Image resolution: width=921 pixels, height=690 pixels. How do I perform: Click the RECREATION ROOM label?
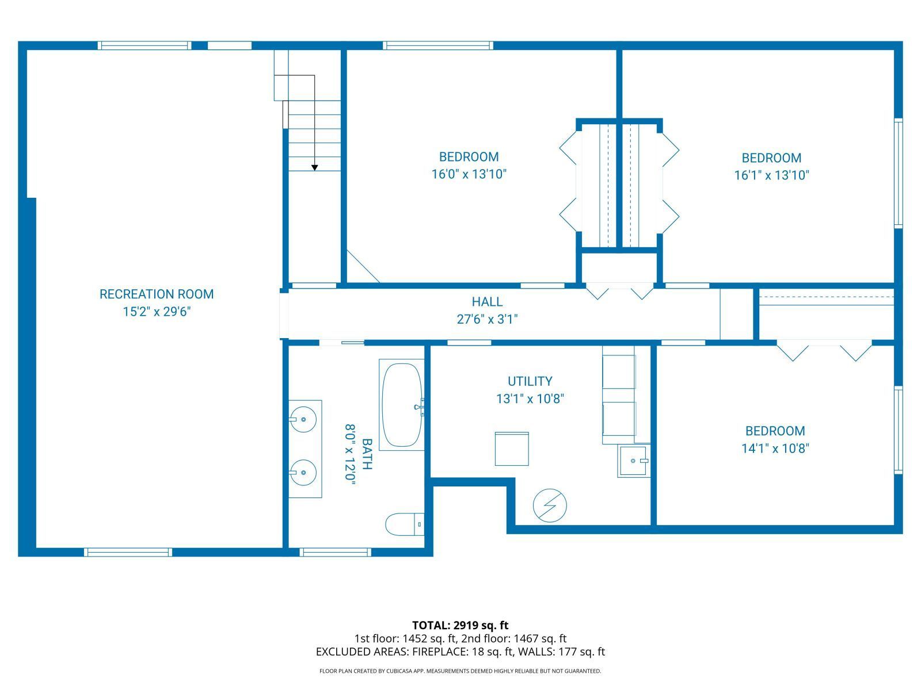157,294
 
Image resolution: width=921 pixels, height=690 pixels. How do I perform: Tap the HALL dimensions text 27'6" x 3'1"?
487,319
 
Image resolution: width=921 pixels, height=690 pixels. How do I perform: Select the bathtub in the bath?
401,405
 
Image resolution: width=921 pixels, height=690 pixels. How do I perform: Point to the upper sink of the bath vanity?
303,419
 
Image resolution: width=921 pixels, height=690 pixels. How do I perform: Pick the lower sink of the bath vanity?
303,473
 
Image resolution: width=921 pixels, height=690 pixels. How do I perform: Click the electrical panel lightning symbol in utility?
550,506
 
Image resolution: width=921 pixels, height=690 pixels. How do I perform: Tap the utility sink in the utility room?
634,461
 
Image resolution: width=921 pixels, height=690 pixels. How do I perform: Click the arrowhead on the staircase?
315,167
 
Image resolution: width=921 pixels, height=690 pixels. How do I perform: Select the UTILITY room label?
530,381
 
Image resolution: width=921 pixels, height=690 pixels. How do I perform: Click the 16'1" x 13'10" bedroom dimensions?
771,175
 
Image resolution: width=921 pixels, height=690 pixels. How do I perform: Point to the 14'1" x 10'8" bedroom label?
775,431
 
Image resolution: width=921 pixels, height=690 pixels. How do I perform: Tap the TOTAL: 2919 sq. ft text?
460,625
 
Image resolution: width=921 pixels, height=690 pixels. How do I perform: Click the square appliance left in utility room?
512,449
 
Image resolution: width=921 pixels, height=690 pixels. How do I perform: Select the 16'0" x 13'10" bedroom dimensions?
469,174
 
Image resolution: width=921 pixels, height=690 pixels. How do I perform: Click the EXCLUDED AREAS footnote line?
460,652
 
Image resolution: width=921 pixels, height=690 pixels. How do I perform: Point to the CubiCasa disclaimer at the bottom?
460,671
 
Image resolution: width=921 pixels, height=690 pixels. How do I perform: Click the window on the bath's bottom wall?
336,552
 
